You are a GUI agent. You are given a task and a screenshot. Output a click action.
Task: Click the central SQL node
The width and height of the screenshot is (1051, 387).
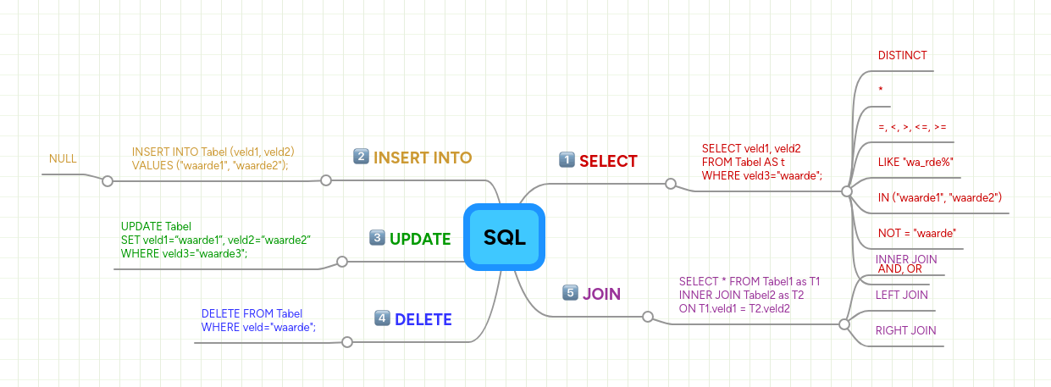click(504, 238)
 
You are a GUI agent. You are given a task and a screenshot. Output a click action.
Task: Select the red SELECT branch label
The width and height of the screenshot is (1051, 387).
click(608, 161)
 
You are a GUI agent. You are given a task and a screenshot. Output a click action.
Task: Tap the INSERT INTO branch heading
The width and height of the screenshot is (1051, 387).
click(423, 158)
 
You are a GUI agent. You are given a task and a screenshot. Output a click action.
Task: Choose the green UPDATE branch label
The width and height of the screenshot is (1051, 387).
click(420, 240)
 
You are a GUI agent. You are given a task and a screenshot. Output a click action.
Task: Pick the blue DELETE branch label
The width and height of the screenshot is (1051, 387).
click(423, 319)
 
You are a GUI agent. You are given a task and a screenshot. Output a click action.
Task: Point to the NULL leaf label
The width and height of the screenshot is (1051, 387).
click(63, 158)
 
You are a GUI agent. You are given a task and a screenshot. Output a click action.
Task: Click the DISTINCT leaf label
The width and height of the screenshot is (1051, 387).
click(903, 55)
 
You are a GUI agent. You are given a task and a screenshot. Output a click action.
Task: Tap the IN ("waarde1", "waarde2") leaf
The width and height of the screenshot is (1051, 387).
click(940, 197)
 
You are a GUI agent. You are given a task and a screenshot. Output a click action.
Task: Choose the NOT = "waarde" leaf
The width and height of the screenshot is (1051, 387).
click(917, 233)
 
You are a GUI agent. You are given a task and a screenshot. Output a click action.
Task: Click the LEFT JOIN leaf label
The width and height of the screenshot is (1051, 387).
click(901, 295)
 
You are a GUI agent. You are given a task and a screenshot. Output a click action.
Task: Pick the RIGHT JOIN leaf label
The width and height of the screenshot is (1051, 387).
click(905, 330)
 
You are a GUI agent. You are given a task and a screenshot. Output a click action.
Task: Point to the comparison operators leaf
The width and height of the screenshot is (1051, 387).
click(912, 127)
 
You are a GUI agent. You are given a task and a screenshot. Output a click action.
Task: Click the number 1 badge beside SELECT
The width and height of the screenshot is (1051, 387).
click(567, 160)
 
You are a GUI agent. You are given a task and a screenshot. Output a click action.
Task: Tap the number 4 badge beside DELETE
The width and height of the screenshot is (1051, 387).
click(382, 318)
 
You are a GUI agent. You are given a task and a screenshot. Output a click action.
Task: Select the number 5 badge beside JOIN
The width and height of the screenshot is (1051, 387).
click(570, 293)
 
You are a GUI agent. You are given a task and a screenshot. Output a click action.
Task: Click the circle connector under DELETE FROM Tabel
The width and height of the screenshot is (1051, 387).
click(346, 342)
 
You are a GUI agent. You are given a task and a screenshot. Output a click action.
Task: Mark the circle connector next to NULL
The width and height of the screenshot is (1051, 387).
click(107, 180)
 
